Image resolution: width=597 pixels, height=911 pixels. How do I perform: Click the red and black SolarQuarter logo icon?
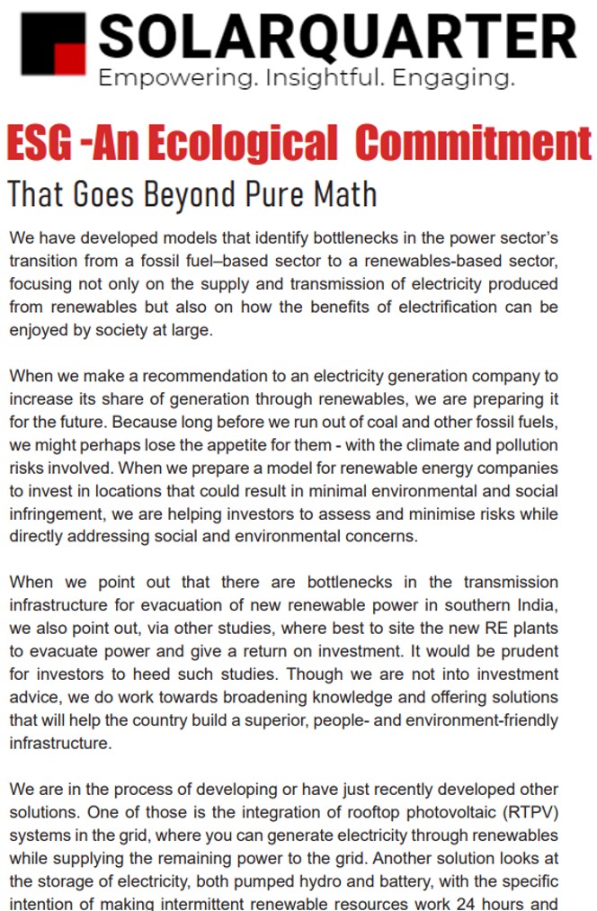click(53, 44)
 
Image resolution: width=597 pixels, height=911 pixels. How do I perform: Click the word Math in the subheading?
click(343, 194)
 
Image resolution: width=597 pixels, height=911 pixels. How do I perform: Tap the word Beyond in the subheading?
click(191, 194)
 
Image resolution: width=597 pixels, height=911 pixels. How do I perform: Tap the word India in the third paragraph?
click(537, 605)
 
